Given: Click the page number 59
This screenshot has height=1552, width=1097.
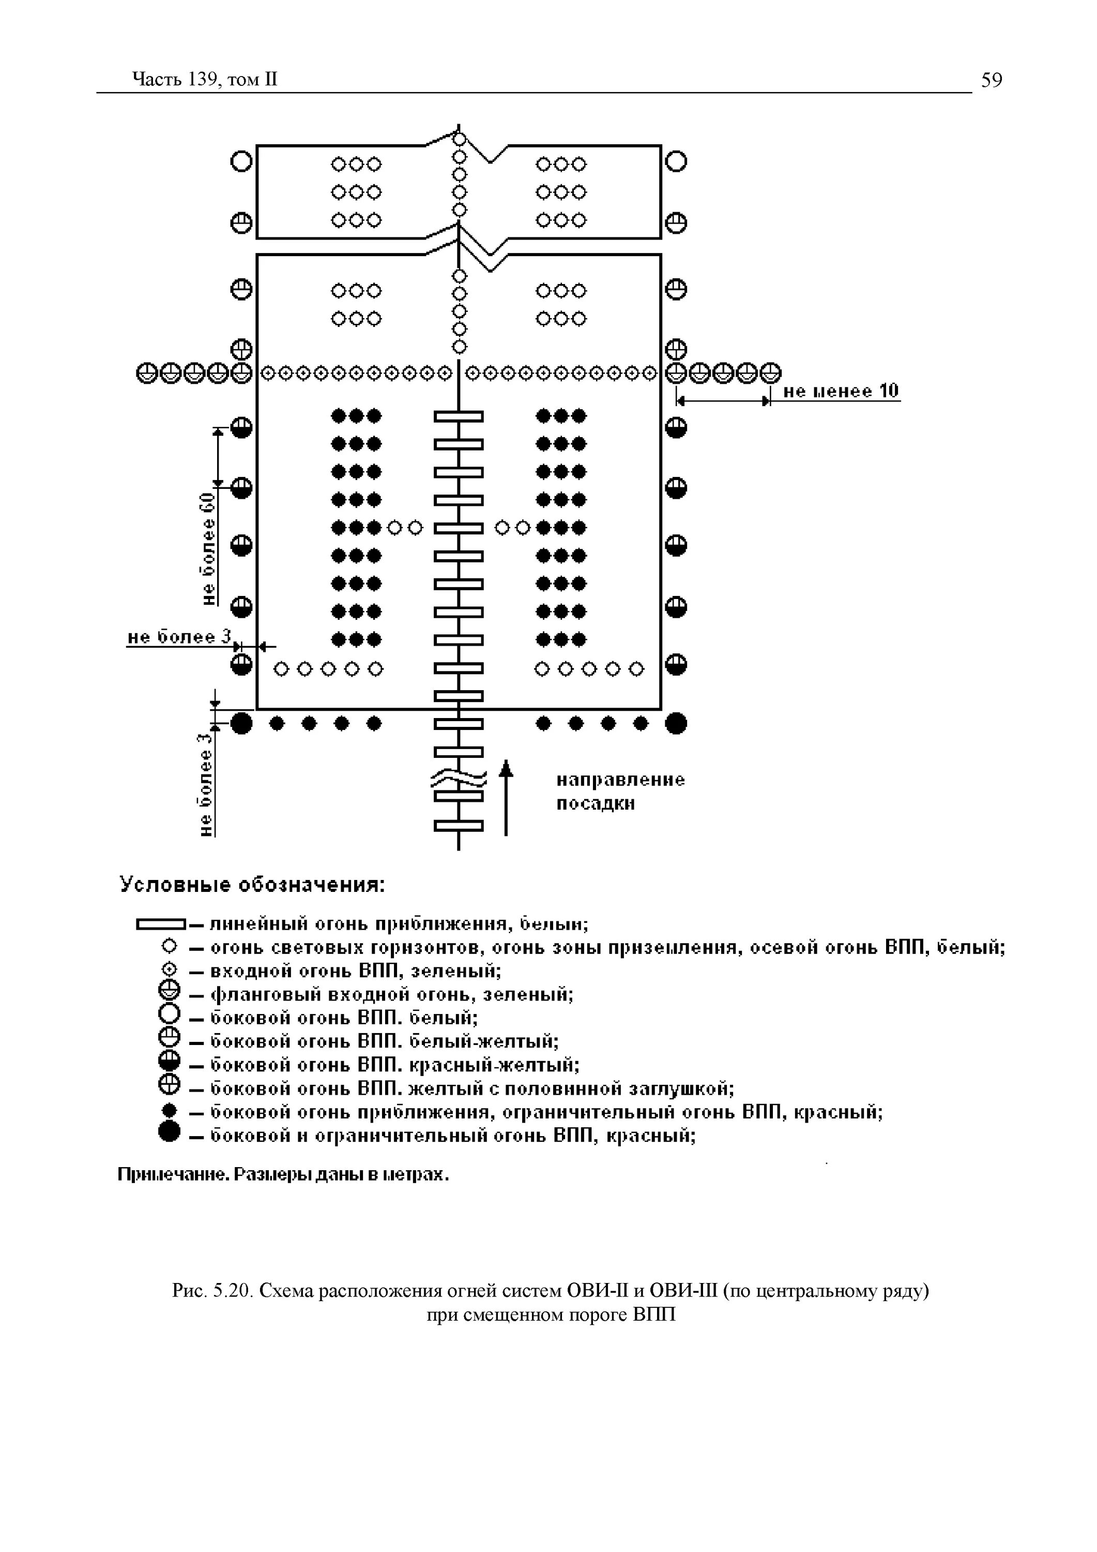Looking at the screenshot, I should point(992,80).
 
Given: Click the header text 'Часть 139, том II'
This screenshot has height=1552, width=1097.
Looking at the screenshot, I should point(205,80).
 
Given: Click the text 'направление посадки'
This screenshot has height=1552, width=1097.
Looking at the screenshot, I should point(620,792).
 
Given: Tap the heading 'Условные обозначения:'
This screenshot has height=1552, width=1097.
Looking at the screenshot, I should point(252,885).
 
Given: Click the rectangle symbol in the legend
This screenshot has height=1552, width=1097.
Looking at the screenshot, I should point(161,923).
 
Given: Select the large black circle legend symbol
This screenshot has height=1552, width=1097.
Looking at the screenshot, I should point(170,1131).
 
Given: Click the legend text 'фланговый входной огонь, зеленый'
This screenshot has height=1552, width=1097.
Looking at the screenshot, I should point(392,994).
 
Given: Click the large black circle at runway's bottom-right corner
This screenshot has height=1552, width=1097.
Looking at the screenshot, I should point(676,724).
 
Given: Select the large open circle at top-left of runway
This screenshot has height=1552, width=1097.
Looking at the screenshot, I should point(241,161).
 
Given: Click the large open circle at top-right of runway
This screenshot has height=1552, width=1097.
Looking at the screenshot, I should point(676,161).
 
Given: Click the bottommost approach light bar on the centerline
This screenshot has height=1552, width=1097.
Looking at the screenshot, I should point(459,825).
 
